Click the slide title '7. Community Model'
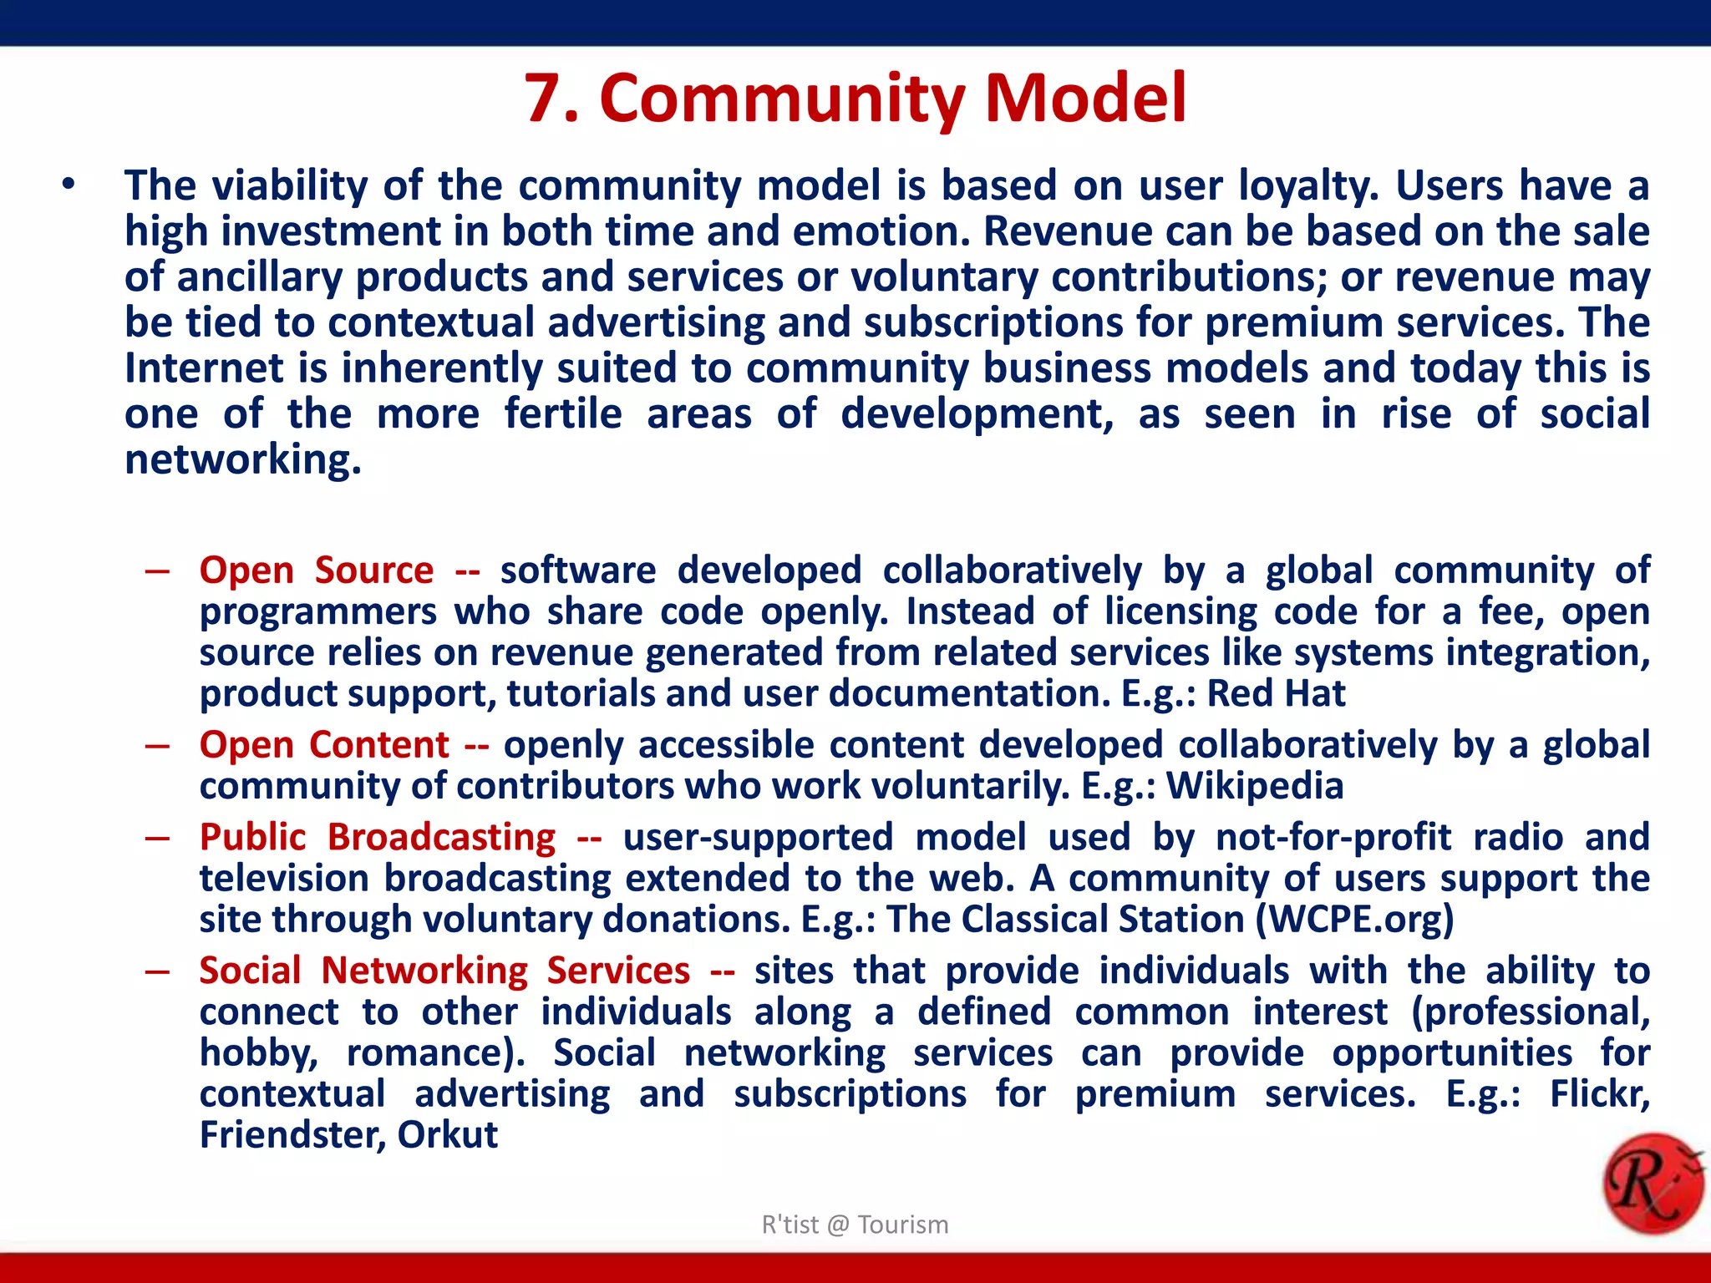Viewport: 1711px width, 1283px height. [x=855, y=99]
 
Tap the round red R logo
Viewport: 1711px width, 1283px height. [x=1653, y=1184]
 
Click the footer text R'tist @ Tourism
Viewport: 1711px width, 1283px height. [x=855, y=1225]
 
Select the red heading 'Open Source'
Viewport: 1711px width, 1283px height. [x=317, y=571]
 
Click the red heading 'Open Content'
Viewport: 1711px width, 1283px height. [x=324, y=745]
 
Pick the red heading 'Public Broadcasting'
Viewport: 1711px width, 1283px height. [x=378, y=837]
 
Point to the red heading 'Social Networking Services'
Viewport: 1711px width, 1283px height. [x=444, y=971]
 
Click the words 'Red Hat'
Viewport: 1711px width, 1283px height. [x=1276, y=694]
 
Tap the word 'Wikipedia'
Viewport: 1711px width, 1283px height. [x=1254, y=786]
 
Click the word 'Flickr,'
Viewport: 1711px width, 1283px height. [x=1599, y=1094]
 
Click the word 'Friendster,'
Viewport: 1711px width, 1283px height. [x=292, y=1135]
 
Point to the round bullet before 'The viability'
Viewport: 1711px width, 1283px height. [x=69, y=185]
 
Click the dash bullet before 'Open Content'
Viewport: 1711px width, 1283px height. [x=157, y=745]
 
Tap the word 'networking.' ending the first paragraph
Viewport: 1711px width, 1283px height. [x=242, y=460]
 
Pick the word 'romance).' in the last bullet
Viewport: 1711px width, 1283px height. [x=435, y=1053]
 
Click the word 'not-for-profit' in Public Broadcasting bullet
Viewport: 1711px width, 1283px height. [x=1333, y=837]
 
